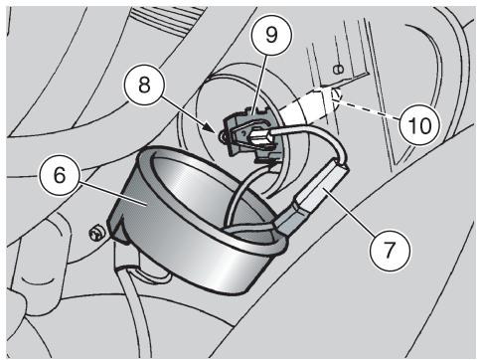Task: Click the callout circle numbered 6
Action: [60, 175]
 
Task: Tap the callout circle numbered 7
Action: [390, 251]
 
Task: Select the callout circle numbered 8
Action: [144, 86]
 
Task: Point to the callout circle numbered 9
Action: [271, 35]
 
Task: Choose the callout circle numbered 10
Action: [420, 125]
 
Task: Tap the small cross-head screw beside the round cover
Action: [96, 234]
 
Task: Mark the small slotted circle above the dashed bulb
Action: [339, 70]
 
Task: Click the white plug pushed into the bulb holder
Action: [259, 136]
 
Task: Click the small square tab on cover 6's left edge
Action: [113, 227]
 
